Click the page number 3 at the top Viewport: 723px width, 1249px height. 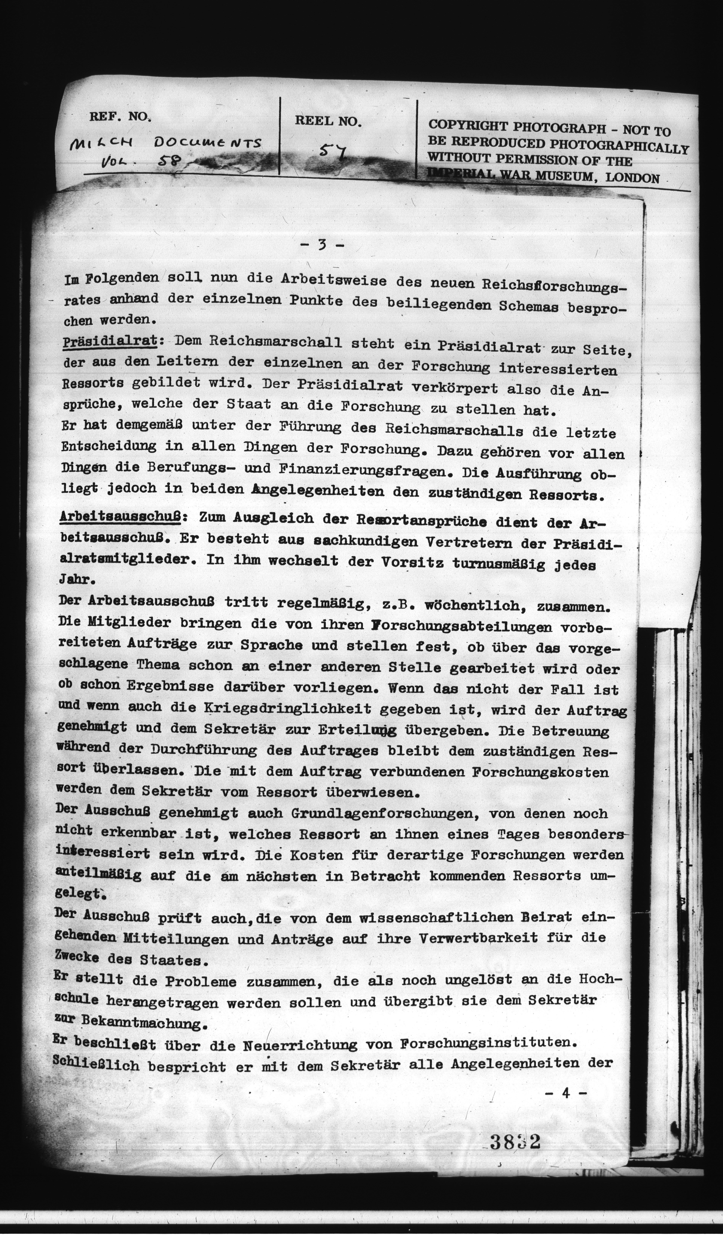tap(322, 245)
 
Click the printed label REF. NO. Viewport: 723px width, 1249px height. tap(119, 117)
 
